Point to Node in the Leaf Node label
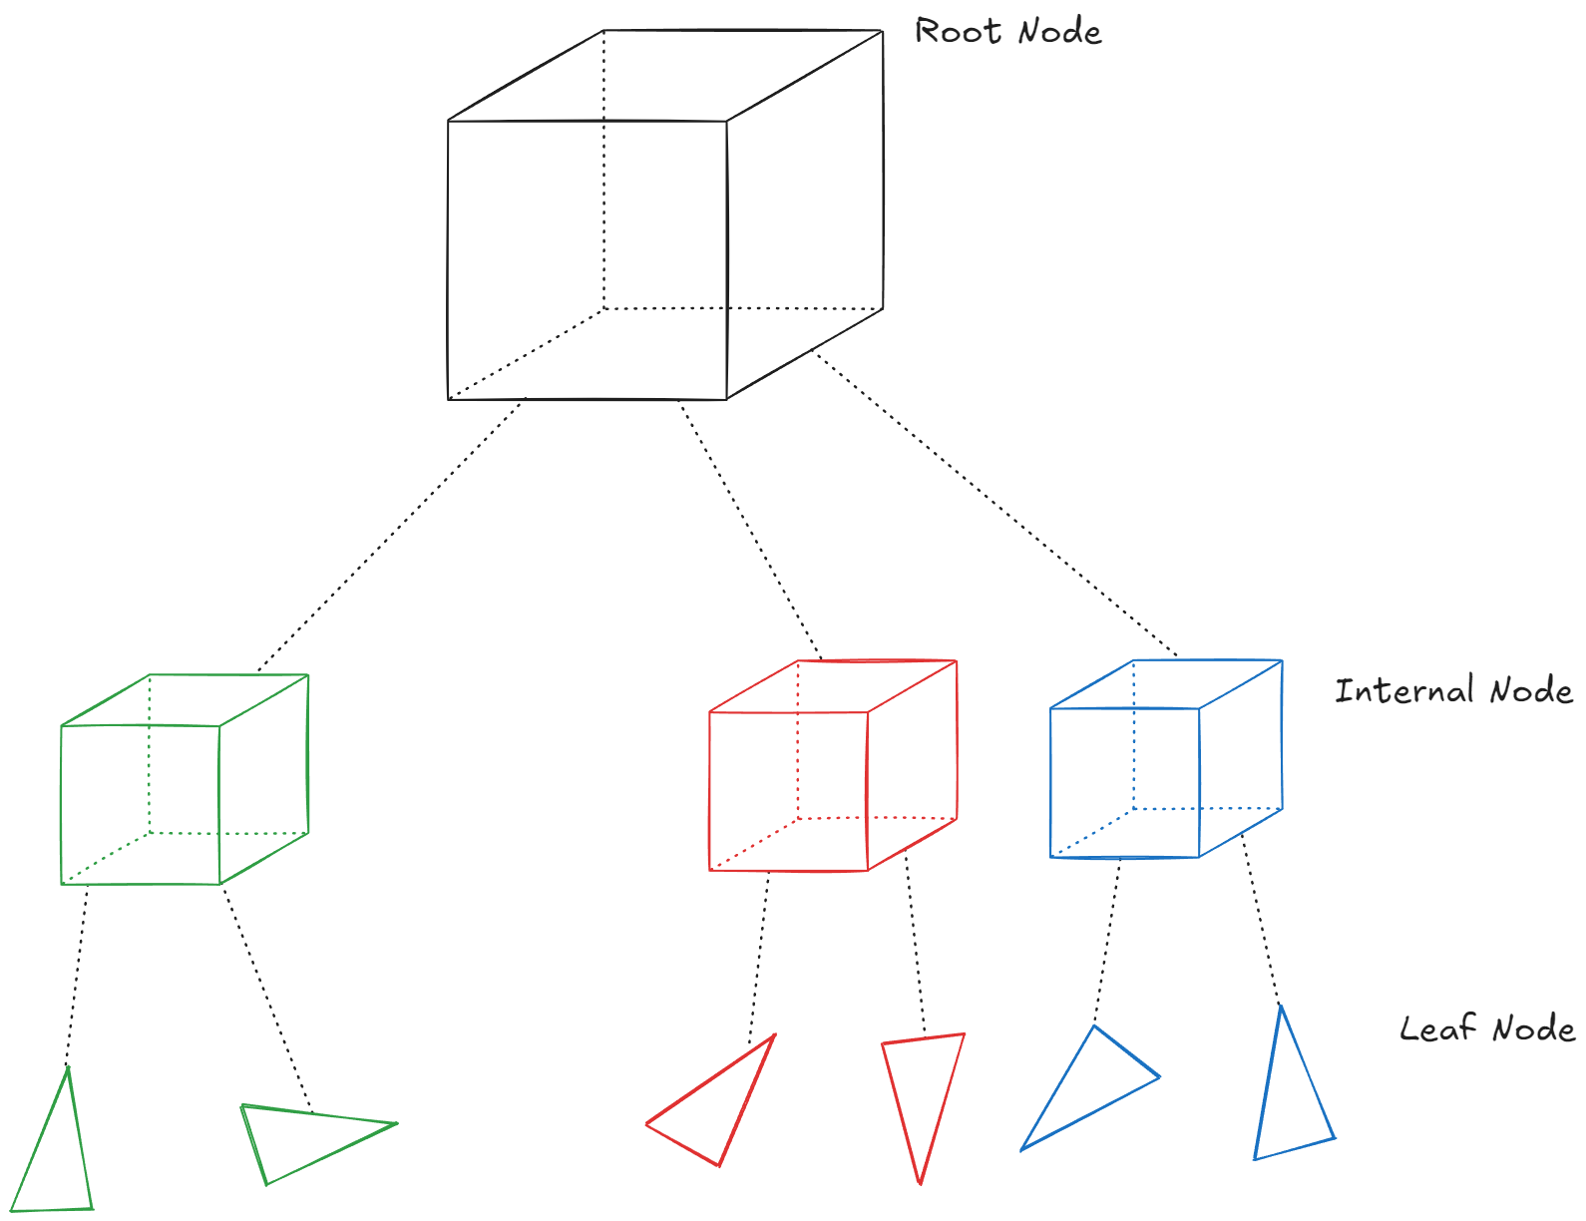(1533, 1028)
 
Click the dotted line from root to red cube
(748, 529)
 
